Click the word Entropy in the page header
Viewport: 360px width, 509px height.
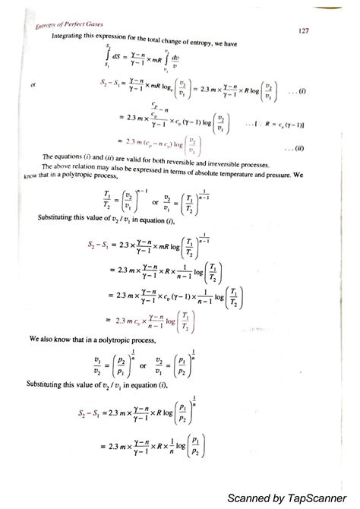[x=51, y=30]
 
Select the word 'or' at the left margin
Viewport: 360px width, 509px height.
[x=33, y=85]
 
